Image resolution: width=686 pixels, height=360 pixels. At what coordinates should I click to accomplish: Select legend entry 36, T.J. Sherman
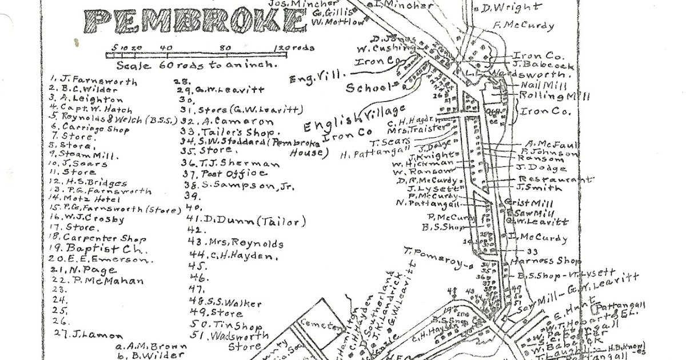[x=231, y=163]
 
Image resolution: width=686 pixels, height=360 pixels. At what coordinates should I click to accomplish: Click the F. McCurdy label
[x=523, y=25]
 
